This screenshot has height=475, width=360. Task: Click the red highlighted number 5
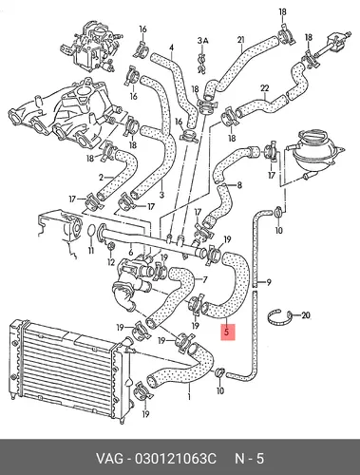point(226,332)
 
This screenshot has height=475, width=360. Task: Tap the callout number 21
point(241,40)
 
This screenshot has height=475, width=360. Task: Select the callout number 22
point(264,88)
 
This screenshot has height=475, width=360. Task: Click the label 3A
point(202,41)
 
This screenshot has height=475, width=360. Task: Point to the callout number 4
point(171,47)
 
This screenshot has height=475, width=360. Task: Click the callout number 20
point(306,315)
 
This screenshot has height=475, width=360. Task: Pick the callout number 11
point(91,251)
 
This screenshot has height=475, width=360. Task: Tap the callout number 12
point(110,262)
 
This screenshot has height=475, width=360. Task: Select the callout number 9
point(269,281)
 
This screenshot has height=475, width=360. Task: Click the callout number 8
point(239,184)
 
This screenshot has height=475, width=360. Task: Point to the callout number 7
point(205,280)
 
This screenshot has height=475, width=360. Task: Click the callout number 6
point(131,253)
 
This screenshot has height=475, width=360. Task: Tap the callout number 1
point(189,396)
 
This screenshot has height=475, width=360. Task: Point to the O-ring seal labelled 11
point(91,231)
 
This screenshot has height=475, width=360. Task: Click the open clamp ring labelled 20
point(280,317)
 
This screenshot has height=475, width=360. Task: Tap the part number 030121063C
point(176,459)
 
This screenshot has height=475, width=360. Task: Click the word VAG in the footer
point(109,459)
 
